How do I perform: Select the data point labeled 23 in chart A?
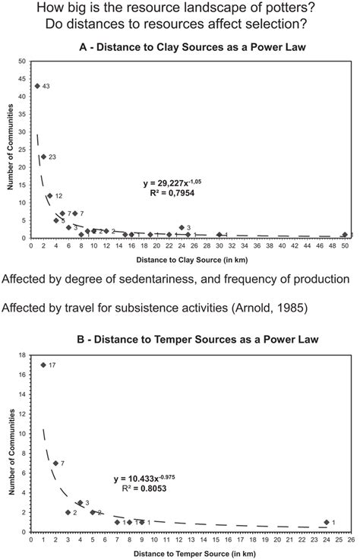pyautogui.click(x=43, y=157)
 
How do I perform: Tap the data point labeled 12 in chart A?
pyautogui.click(x=50, y=195)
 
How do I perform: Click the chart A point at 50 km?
pyautogui.click(x=345, y=235)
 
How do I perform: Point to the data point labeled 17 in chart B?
pyautogui.click(x=43, y=365)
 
